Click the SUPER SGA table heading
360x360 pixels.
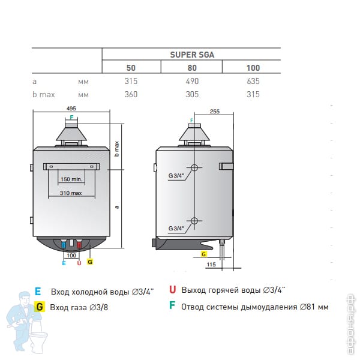point(192,55)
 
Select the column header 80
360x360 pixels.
point(192,68)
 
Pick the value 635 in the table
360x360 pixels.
point(253,81)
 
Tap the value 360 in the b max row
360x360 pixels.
point(131,94)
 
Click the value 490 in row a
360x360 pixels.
point(192,81)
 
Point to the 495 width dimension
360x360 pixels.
point(71,109)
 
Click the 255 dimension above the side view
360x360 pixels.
point(215,112)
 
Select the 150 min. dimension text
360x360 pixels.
point(71,179)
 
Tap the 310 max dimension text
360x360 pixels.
point(71,193)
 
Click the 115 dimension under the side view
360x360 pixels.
point(211,265)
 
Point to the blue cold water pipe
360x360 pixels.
point(64,244)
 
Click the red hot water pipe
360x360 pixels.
point(79,244)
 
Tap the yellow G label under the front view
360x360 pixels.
point(90,262)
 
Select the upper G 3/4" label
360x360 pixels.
point(176,176)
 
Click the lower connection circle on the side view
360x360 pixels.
point(194,221)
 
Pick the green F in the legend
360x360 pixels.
point(172,305)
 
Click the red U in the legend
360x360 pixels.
point(172,290)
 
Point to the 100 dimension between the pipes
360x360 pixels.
point(71,256)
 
